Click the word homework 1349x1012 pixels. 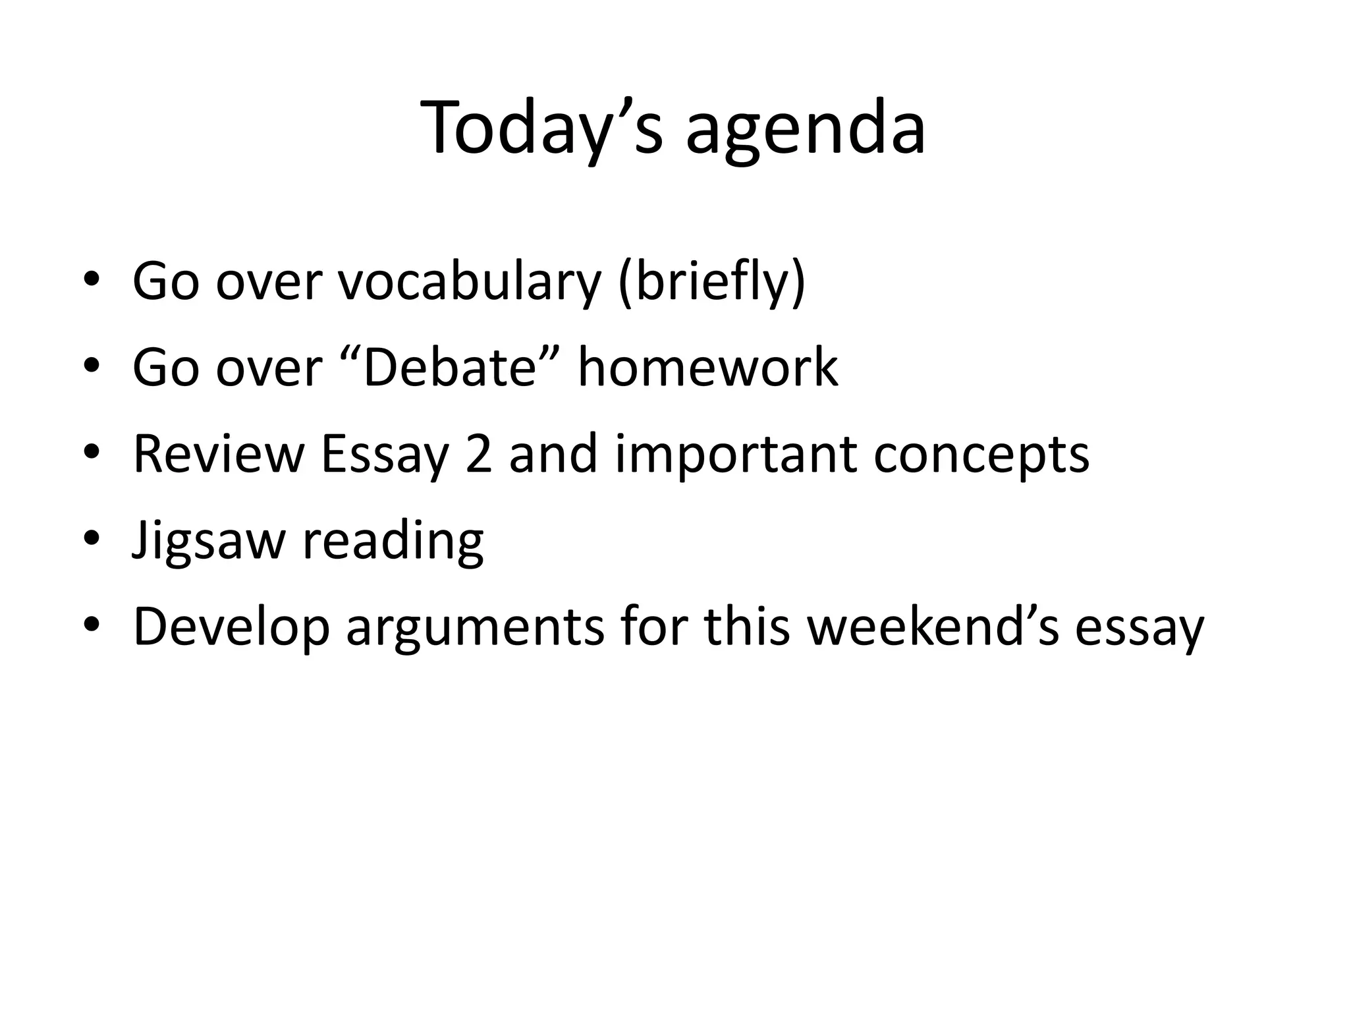tap(707, 367)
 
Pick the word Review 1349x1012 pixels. tap(219, 454)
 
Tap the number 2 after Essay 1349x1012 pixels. tap(478, 454)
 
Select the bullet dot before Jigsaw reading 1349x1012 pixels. tap(92, 538)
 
